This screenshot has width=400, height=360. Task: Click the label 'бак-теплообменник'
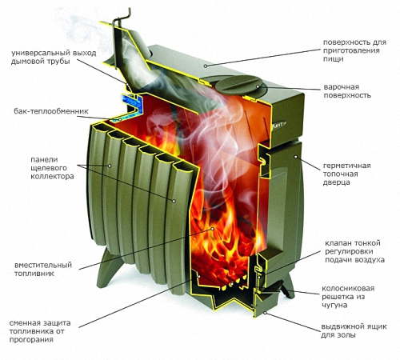click(51, 111)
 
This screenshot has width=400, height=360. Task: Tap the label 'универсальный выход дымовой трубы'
click(54, 57)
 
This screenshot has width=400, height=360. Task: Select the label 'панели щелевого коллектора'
click(52, 168)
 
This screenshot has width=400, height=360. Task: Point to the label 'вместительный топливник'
click(43, 270)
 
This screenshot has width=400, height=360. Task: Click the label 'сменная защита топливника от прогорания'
click(40, 331)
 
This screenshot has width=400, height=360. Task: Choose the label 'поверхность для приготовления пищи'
click(354, 50)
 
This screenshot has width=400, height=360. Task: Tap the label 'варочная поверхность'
click(347, 91)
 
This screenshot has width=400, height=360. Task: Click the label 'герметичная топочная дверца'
click(346, 174)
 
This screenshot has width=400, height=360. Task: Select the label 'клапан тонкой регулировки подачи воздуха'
click(354, 251)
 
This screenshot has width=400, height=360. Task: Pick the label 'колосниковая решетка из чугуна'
click(348, 297)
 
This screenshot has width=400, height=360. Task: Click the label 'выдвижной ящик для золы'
click(354, 330)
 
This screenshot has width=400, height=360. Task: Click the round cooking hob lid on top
click(238, 85)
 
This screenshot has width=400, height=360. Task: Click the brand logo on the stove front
click(279, 123)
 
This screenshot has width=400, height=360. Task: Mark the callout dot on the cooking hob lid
click(258, 86)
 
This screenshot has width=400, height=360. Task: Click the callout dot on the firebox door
click(295, 157)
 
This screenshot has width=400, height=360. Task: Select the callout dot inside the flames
click(213, 229)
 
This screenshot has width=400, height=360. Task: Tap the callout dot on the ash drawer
click(265, 312)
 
